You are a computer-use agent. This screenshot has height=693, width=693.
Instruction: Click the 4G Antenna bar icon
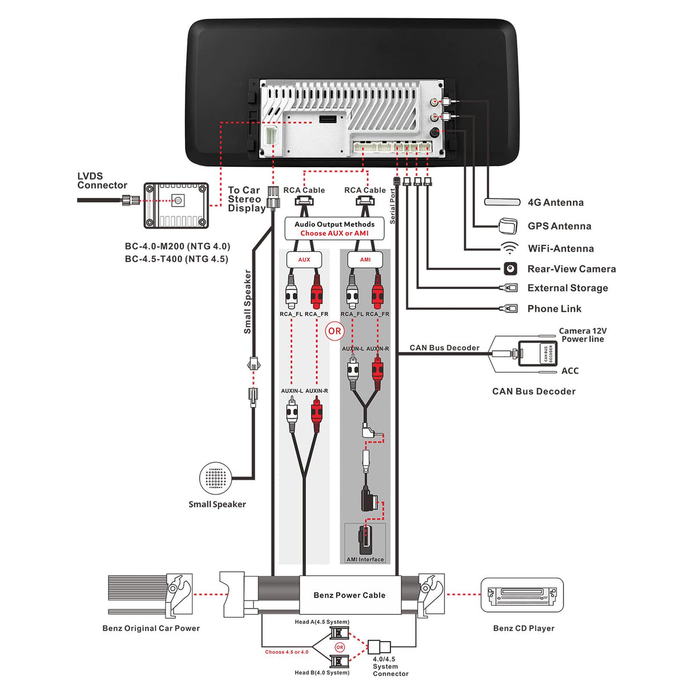coord(502,202)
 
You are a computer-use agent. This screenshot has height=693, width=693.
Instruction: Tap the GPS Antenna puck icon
coord(507,225)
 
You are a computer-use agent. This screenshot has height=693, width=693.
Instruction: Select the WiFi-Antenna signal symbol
coord(509,248)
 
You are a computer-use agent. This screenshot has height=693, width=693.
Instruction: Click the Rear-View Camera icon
coord(510,268)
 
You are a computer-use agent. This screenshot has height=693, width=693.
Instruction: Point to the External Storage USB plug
coord(509,288)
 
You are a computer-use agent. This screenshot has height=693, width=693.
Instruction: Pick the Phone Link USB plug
coord(509,309)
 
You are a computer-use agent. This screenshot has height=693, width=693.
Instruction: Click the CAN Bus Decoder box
coord(529,353)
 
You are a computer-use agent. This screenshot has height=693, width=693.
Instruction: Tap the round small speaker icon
coord(216,478)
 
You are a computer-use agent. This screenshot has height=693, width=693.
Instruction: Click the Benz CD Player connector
coord(522,595)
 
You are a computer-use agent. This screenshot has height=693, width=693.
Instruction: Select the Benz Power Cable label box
coord(349,595)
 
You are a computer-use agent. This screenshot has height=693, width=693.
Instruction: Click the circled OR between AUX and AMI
coord(335,331)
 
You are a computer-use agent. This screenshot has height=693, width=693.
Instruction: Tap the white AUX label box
coord(304,260)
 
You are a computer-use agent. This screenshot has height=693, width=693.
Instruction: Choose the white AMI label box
coord(365,260)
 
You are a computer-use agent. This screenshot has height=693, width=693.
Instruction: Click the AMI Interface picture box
coord(365,543)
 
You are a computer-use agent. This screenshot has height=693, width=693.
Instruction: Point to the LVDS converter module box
coord(176,205)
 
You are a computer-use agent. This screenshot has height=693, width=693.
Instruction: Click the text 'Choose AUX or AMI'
coord(335,233)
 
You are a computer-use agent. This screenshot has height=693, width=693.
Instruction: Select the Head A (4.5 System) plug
coord(340,633)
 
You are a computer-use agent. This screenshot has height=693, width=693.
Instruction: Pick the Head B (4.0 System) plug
coord(340,662)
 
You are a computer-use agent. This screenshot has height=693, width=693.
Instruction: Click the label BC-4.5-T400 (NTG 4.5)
coord(176,259)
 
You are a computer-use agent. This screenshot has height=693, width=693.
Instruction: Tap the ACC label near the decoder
coord(570,371)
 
